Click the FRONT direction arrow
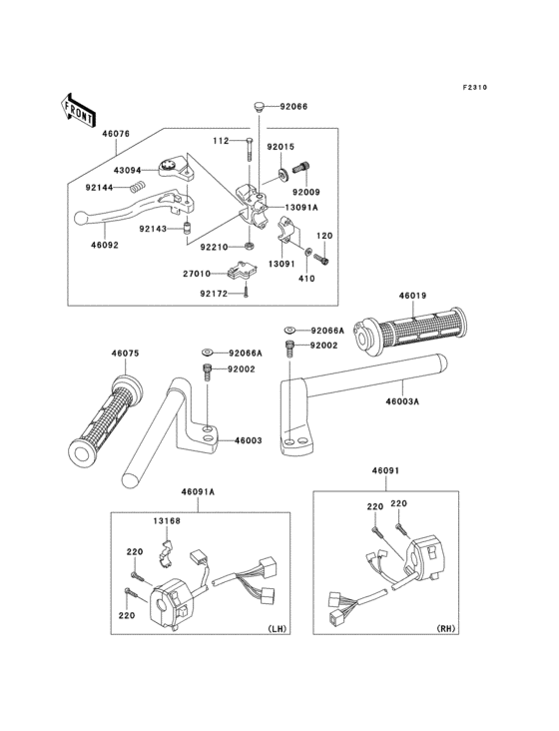[77, 111]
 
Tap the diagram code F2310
[475, 87]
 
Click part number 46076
[116, 134]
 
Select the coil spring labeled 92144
[137, 187]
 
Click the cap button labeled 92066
[259, 106]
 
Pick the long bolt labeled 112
[249, 149]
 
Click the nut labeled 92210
[250, 246]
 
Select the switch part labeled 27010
[242, 271]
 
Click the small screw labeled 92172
[246, 293]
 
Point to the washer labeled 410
[307, 253]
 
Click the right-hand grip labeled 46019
[408, 331]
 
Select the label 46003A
[402, 400]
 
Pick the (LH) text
[278, 628]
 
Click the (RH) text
[446, 628]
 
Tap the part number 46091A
[198, 492]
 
